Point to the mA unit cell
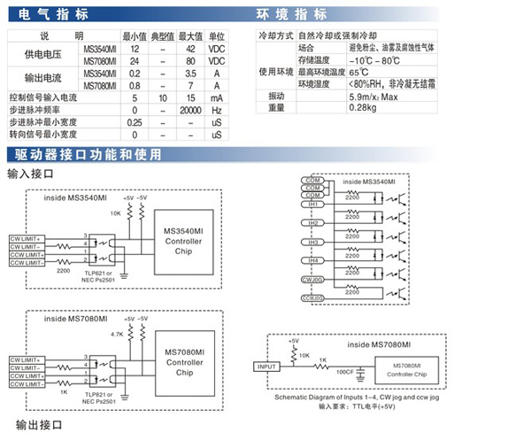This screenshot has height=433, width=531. pos(216,97)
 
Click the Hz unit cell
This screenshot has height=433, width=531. pos(216,110)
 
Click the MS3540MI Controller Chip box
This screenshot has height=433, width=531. pos(185,235)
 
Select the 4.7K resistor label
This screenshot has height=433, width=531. pos(116,336)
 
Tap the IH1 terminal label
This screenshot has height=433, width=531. pos(312,204)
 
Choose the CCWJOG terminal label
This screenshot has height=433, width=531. pos(312,298)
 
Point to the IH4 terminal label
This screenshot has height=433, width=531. pos(312,260)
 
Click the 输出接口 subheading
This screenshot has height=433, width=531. pos(34,426)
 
